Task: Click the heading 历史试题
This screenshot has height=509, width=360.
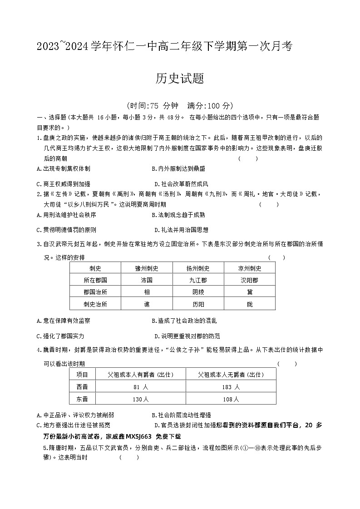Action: point(180,79)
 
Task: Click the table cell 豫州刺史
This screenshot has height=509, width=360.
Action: point(147,268)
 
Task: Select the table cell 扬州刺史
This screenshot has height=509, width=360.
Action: point(198,268)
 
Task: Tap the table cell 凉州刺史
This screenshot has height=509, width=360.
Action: point(250,268)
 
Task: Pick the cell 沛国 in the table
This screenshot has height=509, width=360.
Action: point(147,280)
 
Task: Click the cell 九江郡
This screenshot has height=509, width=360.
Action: point(198,280)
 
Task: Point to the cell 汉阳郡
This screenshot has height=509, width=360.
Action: point(250,280)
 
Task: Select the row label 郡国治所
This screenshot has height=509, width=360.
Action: point(95,292)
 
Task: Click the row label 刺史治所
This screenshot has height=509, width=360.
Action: point(95,304)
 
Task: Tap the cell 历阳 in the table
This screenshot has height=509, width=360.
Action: point(198,304)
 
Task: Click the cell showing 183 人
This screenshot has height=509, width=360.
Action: point(231,387)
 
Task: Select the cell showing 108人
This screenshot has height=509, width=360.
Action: point(231,399)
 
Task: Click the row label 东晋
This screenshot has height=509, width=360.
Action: point(82,399)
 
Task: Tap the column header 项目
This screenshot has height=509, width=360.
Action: point(82,375)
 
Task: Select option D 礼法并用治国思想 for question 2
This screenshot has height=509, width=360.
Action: point(182,230)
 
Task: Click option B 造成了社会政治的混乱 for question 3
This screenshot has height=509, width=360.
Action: point(184,321)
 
